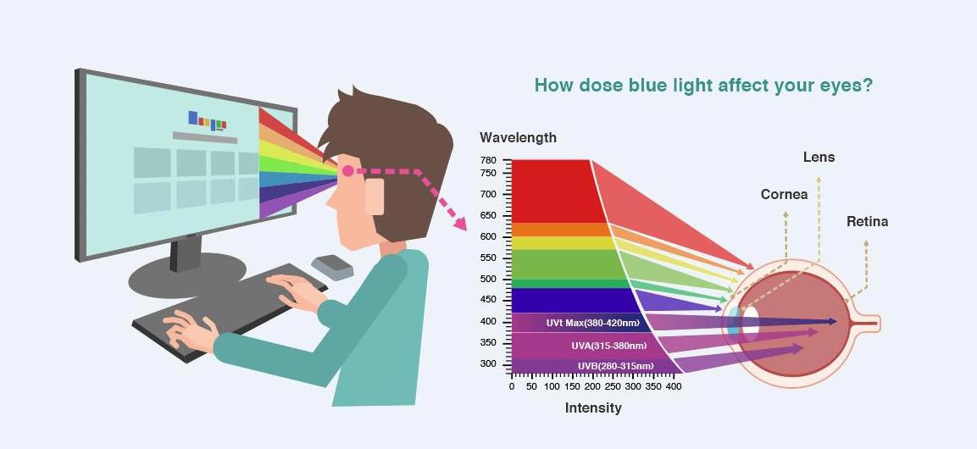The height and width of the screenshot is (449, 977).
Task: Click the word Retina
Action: click(x=867, y=221)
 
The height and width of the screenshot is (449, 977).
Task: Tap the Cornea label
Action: click(x=784, y=194)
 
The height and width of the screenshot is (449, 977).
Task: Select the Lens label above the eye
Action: click(x=819, y=158)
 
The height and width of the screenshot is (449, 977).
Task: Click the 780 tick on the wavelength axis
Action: click(x=488, y=160)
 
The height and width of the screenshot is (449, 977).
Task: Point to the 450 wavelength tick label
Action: click(x=488, y=300)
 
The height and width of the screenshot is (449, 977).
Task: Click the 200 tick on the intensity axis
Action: click(x=592, y=386)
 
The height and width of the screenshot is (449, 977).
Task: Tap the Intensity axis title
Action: click(x=593, y=407)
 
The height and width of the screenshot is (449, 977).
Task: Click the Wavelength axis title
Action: click(x=518, y=137)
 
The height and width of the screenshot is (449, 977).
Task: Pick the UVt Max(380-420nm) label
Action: click(x=591, y=324)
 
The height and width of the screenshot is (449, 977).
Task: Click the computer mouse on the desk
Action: click(x=332, y=267)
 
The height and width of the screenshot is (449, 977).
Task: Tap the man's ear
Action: click(x=375, y=197)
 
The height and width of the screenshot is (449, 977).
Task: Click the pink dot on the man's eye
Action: click(x=347, y=170)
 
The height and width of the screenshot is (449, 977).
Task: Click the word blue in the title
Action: click(x=652, y=86)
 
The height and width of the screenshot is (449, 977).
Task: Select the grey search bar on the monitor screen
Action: click(x=204, y=137)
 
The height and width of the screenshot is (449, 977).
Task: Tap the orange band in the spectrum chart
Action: click(x=558, y=230)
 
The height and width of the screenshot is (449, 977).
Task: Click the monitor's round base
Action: click(x=187, y=274)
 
